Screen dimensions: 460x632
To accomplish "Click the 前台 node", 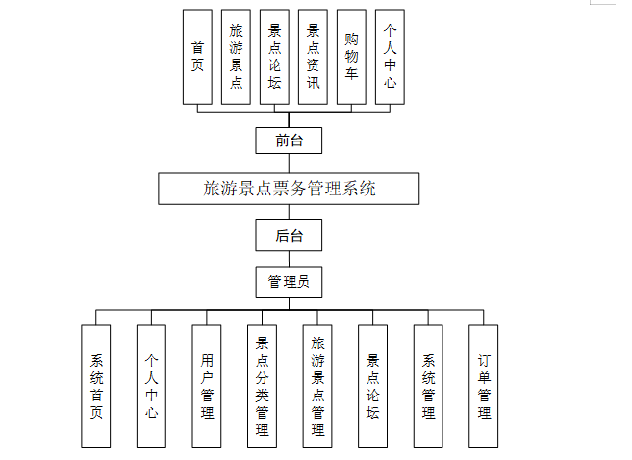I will (x=289, y=141).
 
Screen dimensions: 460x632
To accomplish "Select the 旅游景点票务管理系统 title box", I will (x=289, y=189).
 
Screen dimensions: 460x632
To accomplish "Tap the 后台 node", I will (x=289, y=235).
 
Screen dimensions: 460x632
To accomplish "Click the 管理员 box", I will (x=289, y=282).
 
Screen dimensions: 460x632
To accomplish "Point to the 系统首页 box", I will (x=96, y=386).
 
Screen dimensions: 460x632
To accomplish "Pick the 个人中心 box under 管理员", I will (x=151, y=386).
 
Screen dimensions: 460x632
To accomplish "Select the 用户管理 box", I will (x=206, y=386).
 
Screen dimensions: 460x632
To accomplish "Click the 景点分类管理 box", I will (x=262, y=386).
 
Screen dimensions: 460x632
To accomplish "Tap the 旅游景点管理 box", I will (x=317, y=386).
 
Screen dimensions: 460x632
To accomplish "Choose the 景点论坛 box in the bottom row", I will (x=372, y=386).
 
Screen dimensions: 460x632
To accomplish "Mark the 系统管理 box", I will (x=428, y=386).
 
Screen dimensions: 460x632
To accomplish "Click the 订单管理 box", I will (x=484, y=386).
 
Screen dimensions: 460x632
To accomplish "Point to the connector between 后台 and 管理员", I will (x=289, y=258).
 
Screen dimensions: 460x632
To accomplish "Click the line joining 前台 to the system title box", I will (x=289, y=164).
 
